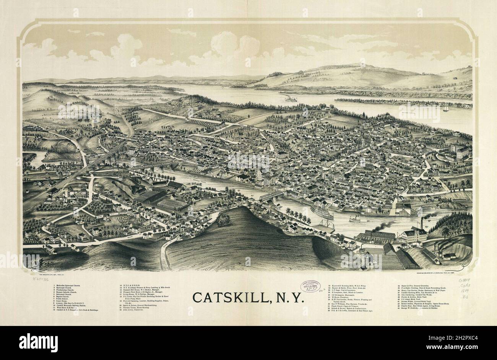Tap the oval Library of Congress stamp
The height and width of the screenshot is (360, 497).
pyautogui.click(x=310, y=287)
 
